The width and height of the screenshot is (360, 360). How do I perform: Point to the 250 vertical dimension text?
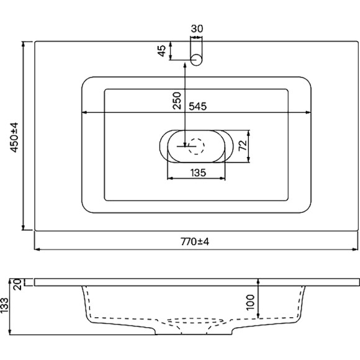[x=177, y=99]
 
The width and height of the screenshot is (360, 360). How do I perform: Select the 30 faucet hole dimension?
[x=197, y=28]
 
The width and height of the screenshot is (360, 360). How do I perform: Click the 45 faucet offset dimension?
[x=162, y=51]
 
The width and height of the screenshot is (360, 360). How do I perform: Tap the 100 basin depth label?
[x=250, y=302]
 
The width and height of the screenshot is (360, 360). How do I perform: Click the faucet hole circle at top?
[x=197, y=60]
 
